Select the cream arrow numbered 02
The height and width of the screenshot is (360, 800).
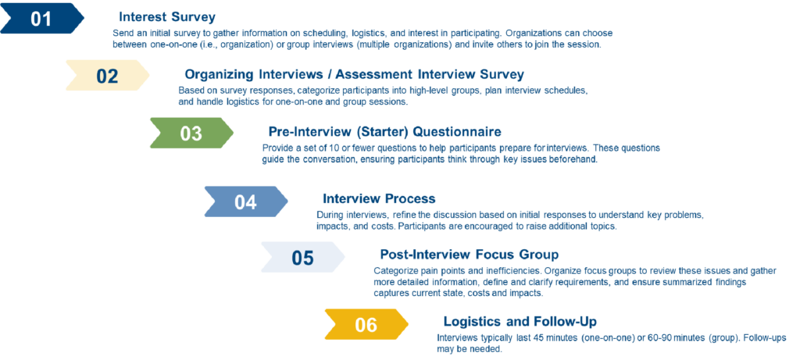pyautogui.click(x=107, y=76)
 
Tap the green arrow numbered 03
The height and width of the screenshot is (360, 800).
pyautogui.click(x=191, y=134)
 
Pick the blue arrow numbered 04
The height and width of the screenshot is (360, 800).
pyautogui.click(x=246, y=202)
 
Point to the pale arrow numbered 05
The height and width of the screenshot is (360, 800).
pyautogui.click(x=302, y=258)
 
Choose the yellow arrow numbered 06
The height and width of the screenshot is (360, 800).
pyautogui.click(x=366, y=325)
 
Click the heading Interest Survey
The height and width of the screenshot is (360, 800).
pyautogui.click(x=167, y=17)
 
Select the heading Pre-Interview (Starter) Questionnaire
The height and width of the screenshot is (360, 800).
pyautogui.click(x=384, y=132)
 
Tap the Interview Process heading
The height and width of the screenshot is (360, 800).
pyautogui.click(x=379, y=198)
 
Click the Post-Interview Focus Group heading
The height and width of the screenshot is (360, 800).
pyautogui.click(x=470, y=254)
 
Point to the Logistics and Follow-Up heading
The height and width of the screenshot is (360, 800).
pyautogui.click(x=520, y=321)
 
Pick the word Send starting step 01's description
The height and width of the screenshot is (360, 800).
pyautogui.click(x=122, y=33)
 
